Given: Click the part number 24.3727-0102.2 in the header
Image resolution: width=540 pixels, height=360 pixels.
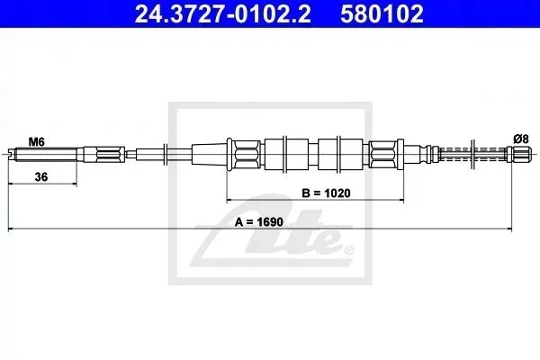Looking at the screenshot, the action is click(222, 13).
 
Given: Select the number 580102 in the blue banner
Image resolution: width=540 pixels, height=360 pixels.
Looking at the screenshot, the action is click(382, 13).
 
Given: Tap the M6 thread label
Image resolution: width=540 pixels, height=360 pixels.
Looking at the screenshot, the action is click(36, 142).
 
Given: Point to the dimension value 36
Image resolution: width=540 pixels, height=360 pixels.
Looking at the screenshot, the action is click(41, 176).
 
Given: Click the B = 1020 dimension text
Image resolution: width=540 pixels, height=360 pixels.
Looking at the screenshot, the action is click(326, 193).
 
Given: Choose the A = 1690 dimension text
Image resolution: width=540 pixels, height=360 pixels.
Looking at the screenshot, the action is click(258, 222).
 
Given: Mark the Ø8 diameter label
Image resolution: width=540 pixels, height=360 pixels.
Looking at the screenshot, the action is click(521, 139).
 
